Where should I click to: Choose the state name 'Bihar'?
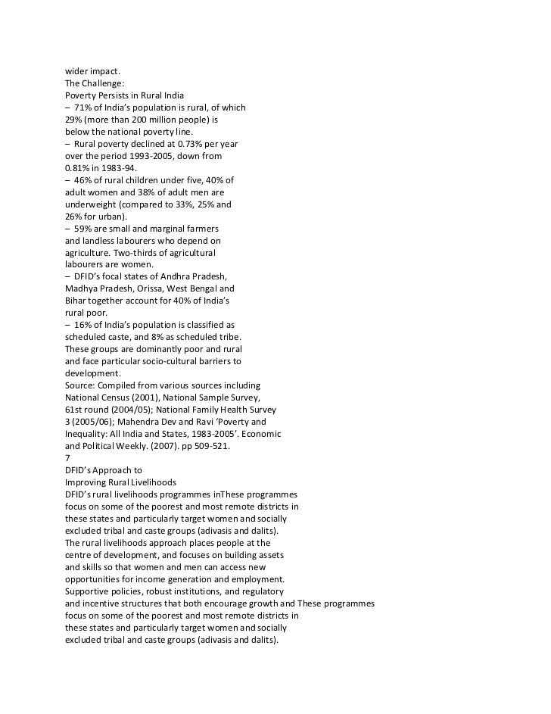tap(76, 301)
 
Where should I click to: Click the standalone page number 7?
tap(67, 458)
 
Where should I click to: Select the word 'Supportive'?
tap(89, 591)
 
